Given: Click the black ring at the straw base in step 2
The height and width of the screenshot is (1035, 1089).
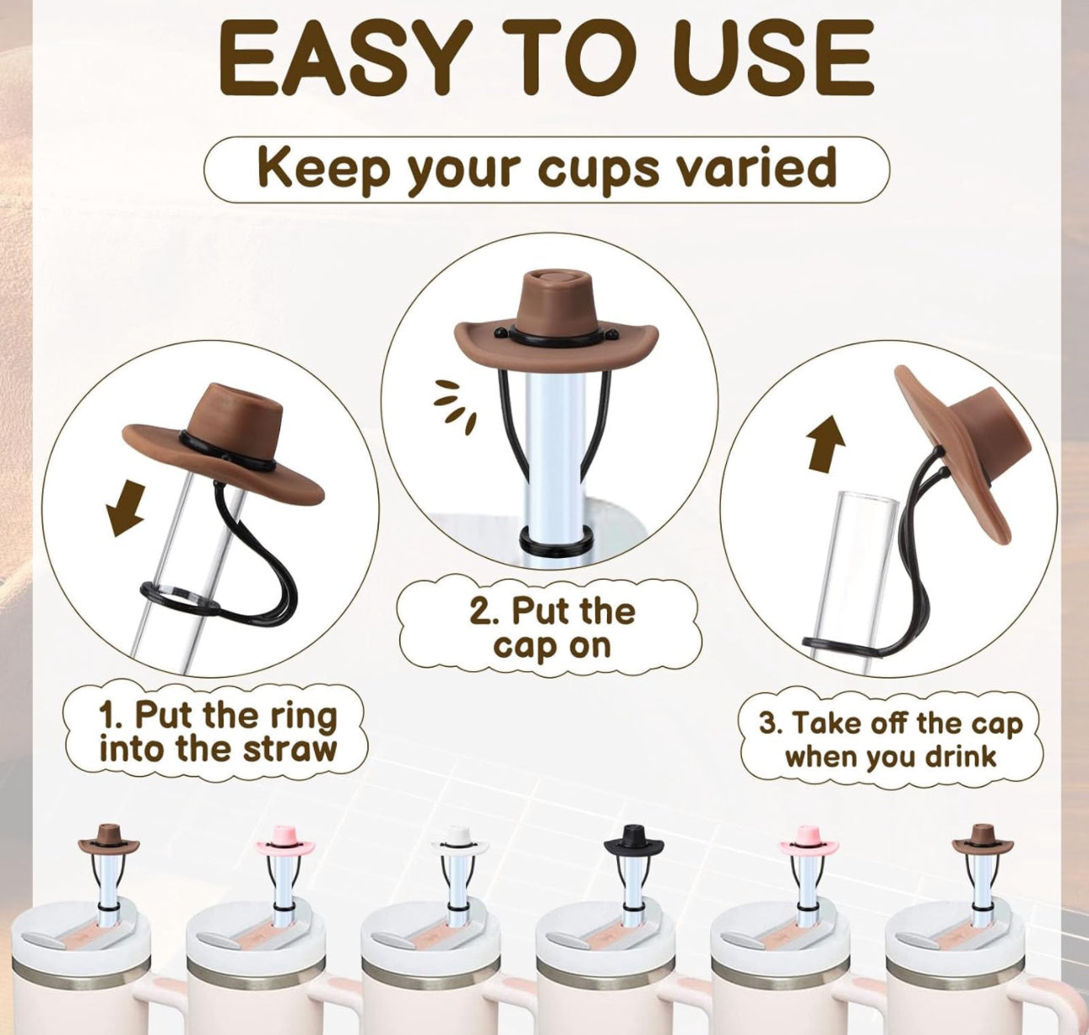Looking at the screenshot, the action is (x=555, y=538).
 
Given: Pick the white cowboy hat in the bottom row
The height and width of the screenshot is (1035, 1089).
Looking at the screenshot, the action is (x=459, y=855).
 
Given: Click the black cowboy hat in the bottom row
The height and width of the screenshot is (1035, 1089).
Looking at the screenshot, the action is (x=634, y=855).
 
